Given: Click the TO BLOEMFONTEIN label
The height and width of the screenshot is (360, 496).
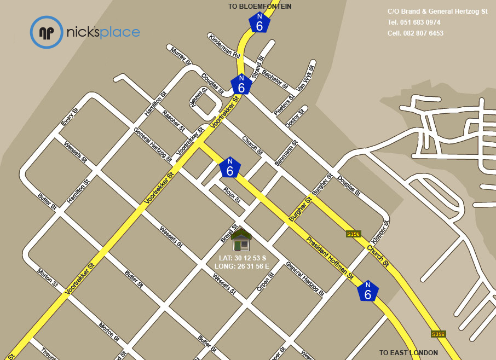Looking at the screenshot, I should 259,7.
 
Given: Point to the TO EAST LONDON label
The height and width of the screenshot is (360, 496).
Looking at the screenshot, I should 408,353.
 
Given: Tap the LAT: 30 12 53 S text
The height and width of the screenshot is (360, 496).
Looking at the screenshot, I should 243,258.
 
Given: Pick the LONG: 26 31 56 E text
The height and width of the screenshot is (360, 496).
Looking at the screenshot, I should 243,266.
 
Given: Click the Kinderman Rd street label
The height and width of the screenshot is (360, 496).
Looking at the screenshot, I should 224,46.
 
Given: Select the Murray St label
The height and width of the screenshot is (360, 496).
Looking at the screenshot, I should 180,56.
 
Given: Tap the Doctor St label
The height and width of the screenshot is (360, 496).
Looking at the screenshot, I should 295,118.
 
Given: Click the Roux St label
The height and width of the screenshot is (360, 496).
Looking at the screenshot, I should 232,194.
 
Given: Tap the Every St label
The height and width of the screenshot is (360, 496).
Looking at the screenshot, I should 70,118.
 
